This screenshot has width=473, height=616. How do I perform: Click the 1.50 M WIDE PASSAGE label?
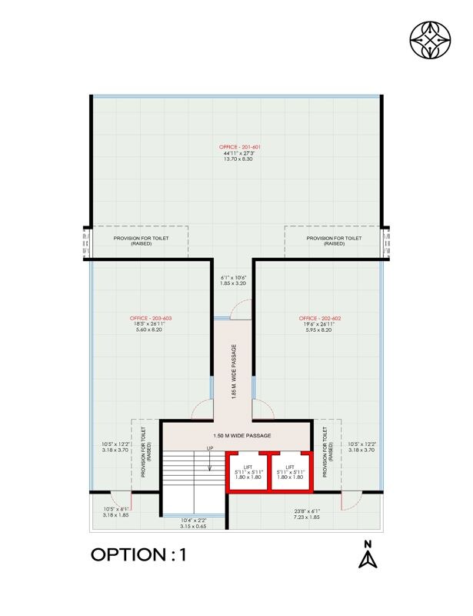236,436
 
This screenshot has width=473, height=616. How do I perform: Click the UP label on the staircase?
209,448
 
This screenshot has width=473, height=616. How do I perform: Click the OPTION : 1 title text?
139,555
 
